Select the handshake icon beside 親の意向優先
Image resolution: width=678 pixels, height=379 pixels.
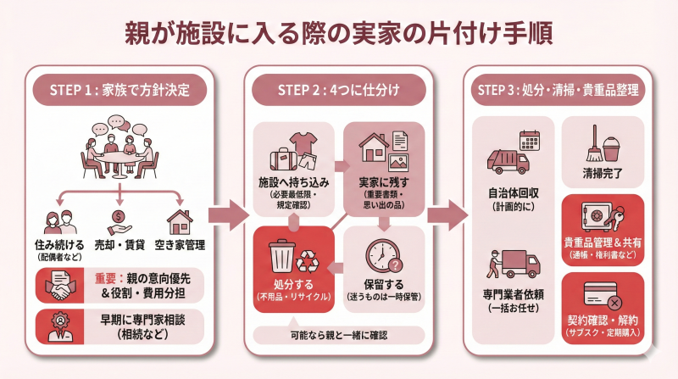click(57, 285)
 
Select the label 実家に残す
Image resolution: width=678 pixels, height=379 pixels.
click(382, 182)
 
